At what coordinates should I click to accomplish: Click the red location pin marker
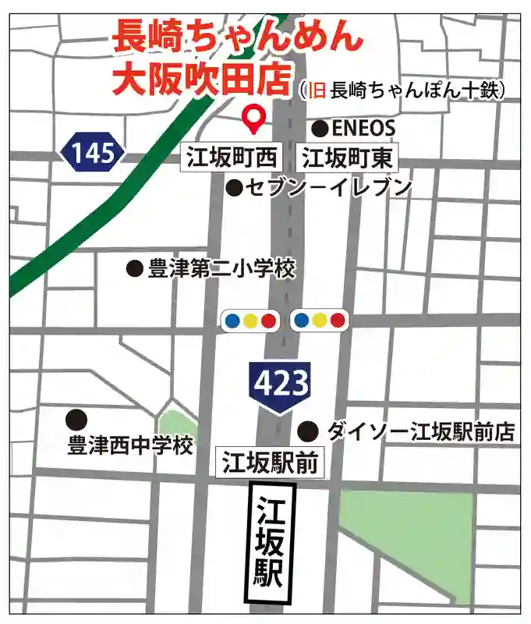253,118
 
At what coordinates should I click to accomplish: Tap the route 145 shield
94,152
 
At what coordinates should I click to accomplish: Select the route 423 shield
281,384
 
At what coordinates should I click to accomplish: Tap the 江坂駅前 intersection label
270,464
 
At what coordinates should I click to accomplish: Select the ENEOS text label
364,128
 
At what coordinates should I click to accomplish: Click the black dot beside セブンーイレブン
234,187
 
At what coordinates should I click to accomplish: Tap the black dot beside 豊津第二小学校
135,269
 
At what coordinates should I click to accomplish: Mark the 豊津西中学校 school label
130,446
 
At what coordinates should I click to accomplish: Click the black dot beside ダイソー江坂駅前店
309,430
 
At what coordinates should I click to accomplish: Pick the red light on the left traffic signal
268,320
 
